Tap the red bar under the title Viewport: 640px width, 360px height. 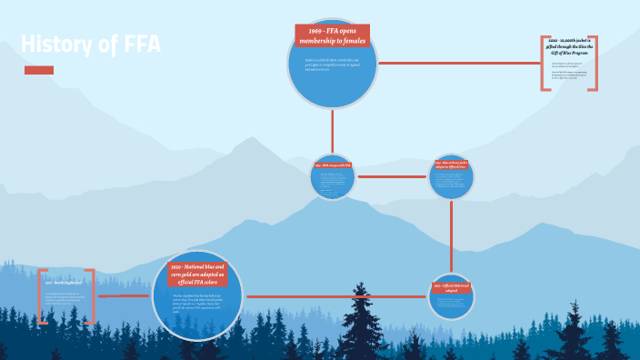(x=39, y=70)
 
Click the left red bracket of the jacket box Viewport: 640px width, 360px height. (x=545, y=63)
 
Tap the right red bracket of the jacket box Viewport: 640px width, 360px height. (x=595, y=63)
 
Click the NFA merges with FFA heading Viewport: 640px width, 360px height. (x=332, y=165)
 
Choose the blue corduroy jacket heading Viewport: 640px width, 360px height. (x=452, y=165)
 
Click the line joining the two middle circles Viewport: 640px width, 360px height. (x=392, y=176)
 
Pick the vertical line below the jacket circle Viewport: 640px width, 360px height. (x=452, y=235)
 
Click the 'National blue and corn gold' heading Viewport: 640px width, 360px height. (x=197, y=273)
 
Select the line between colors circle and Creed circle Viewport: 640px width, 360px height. (x=336, y=296)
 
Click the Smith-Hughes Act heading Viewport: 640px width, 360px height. (x=66, y=283)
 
